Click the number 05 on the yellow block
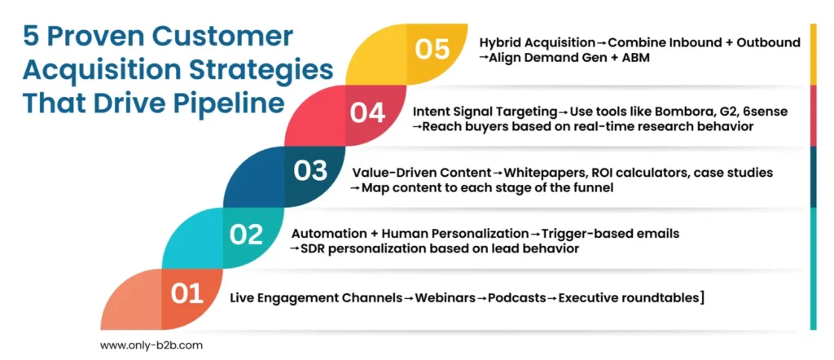click(432, 49)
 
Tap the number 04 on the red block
click(367, 112)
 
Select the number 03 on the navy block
click(310, 172)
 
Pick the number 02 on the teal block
click(246, 235)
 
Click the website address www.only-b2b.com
click(151, 345)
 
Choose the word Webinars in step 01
click(445, 298)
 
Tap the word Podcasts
click(517, 298)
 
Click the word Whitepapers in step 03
click(538, 173)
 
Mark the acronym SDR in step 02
click(313, 249)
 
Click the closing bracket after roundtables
click(702, 298)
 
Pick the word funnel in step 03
click(595, 188)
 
